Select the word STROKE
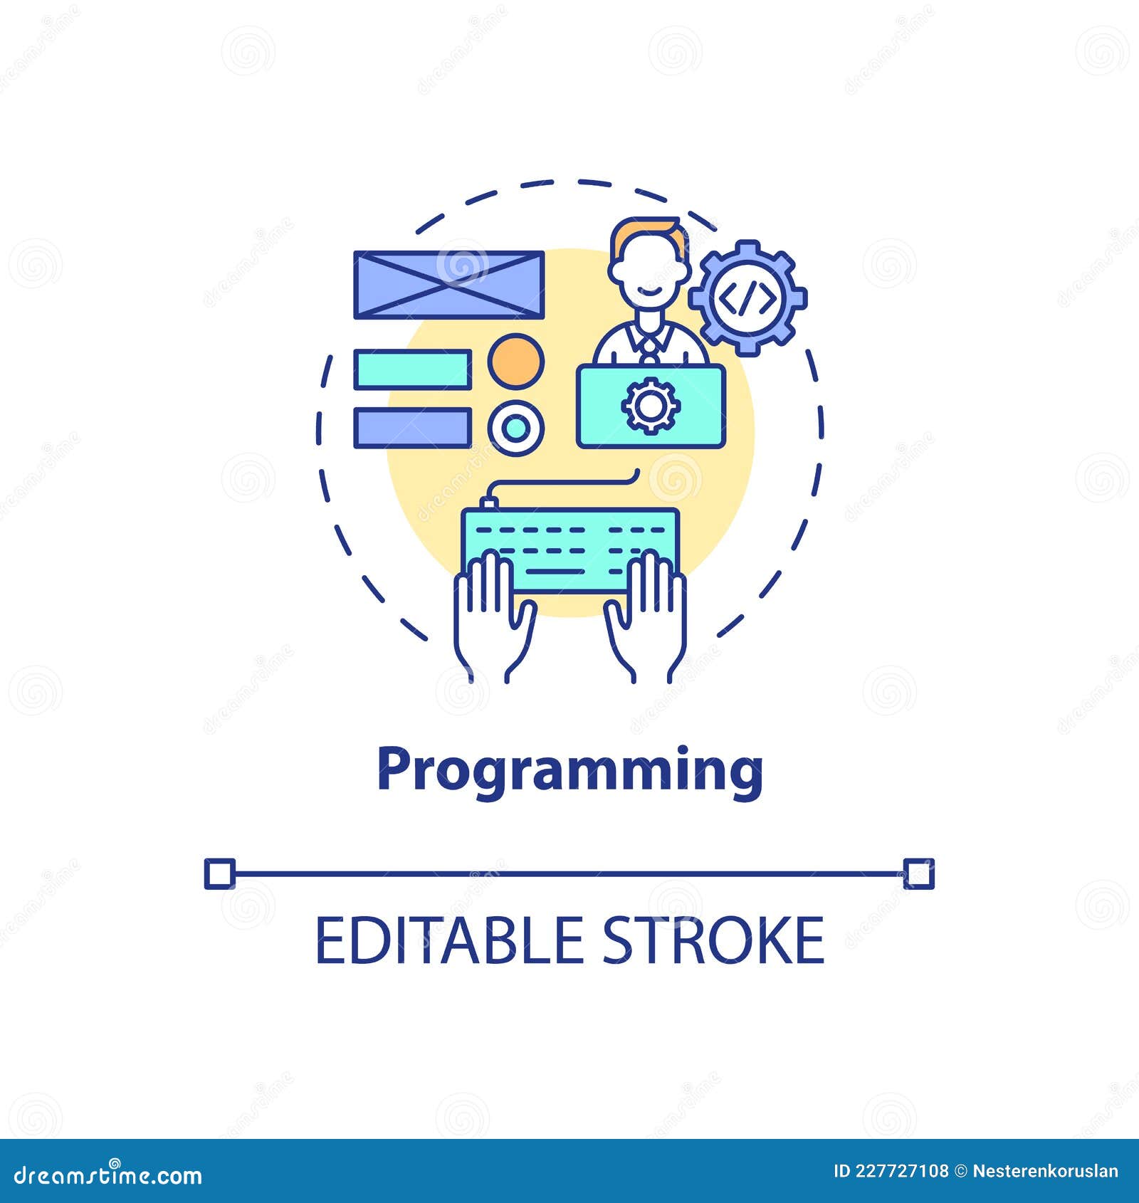[713, 940]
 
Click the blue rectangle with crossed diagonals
[449, 285]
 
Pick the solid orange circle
[516, 361]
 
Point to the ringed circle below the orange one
[516, 428]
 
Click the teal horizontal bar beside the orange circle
[413, 369]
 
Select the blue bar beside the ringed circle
[413, 428]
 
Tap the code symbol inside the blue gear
[747, 298]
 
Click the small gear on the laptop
[651, 405]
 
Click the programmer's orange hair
[650, 231]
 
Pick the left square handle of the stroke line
[220, 873]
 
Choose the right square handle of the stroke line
[918, 873]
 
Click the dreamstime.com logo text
[108, 1175]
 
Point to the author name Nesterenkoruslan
[1045, 1171]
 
